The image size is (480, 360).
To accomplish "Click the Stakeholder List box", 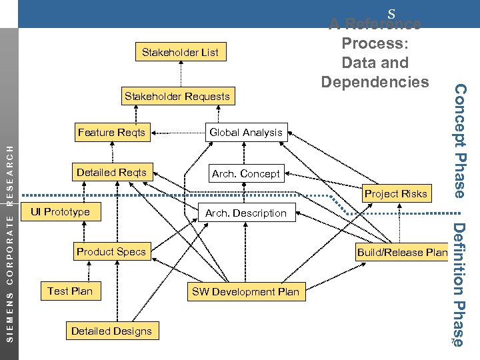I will pos(180,52).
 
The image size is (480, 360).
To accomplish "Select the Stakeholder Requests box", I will pos(177,97).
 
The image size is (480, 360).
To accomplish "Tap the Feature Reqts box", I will pos(111,132).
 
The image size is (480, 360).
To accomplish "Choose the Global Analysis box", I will pos(245,133).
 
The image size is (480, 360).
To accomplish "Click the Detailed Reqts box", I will pos(111,173).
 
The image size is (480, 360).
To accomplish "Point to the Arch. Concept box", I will pos(245,174).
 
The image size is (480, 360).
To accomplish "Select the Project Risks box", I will pos(395,194).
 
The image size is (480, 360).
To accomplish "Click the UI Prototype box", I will pos(60,212).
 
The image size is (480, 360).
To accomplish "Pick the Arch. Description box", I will pos(245,213).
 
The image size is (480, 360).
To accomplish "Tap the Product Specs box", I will pos(111,251).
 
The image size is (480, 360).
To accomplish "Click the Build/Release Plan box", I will pos(402,252).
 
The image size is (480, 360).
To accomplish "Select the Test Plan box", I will pos(70,291).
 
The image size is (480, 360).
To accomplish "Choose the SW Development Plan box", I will pos(245,291).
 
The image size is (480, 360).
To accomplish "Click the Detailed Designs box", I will pos(111,331).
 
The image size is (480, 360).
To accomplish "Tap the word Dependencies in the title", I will pos(375,81).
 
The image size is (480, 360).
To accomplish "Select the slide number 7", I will pos(452,343).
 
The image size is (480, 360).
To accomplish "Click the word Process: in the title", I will pos(375,43).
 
